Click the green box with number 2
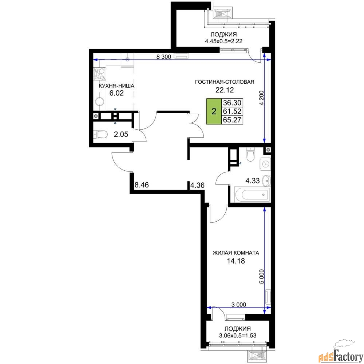pos(214,111)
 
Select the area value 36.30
pos(232,103)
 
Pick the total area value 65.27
pos(232,120)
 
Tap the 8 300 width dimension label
pos(164,57)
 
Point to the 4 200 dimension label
pos(262,98)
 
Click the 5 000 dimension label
pos(262,277)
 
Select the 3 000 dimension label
pos(239,304)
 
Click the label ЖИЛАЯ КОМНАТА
pos(236,253)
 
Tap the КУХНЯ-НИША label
pos(116,86)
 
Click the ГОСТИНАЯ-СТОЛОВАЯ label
pos(225,82)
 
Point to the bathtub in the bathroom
pos(253,195)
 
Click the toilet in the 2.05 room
pos(100,134)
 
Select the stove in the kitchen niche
pos(99,74)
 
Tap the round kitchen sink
pos(100,102)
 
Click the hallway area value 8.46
pos(142,185)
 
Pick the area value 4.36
pos(197,185)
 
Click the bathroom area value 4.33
pos(253,181)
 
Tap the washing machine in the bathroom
pos(265,164)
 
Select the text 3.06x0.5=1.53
pos(237,336)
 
